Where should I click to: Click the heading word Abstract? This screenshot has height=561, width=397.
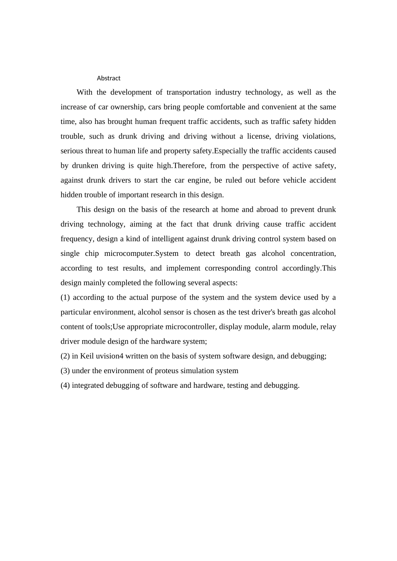click(x=109, y=78)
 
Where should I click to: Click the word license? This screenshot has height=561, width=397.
click(x=258, y=136)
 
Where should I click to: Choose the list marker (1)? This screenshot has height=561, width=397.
click(x=65, y=298)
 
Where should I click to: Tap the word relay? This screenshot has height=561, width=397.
click(x=328, y=327)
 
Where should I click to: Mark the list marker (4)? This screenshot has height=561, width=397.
click(x=65, y=385)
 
